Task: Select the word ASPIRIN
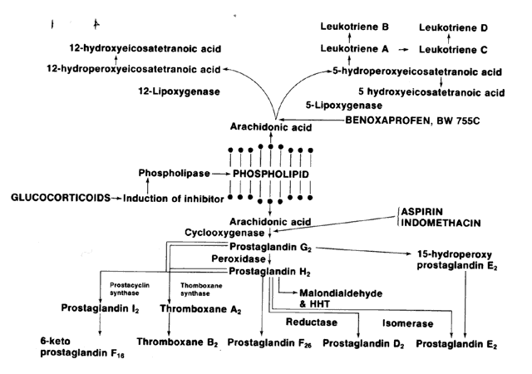(x=426, y=212)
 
